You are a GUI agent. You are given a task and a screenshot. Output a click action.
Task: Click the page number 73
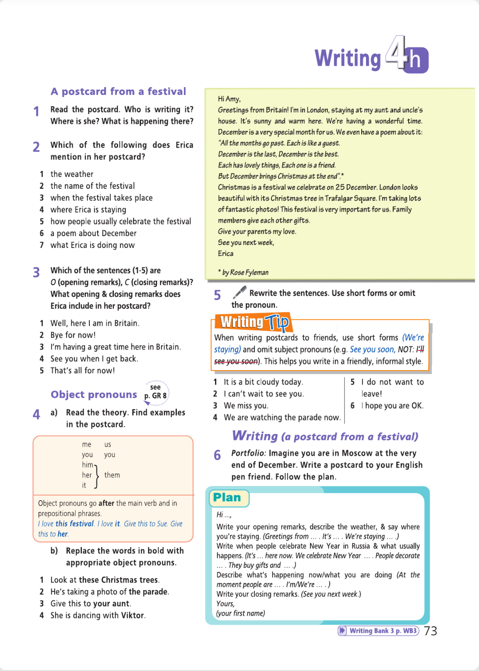430,631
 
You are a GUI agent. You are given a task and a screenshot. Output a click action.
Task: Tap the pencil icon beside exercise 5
239,292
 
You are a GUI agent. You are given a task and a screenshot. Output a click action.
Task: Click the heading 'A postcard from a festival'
118,92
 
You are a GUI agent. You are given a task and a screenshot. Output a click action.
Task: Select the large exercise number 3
36,272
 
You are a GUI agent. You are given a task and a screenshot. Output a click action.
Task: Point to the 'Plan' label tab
227,498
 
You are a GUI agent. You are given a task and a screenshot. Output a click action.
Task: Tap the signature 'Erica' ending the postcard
225,254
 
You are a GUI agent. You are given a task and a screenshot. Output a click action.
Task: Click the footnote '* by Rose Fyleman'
243,272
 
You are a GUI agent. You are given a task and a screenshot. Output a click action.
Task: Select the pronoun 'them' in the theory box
112,475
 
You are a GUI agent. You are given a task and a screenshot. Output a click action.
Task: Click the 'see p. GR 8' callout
155,392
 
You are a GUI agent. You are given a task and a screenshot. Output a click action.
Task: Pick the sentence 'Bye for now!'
73,335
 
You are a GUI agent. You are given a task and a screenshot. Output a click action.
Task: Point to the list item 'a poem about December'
93,233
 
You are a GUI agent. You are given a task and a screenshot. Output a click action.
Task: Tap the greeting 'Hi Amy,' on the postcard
229,99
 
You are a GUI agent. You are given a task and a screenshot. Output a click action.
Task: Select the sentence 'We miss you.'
246,406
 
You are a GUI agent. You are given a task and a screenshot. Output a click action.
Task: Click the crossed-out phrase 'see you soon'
236,361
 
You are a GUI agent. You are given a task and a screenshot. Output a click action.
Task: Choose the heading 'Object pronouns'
94,395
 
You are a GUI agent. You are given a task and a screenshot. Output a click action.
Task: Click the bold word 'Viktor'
133,615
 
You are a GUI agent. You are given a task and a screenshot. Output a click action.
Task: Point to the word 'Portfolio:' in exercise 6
248,453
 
